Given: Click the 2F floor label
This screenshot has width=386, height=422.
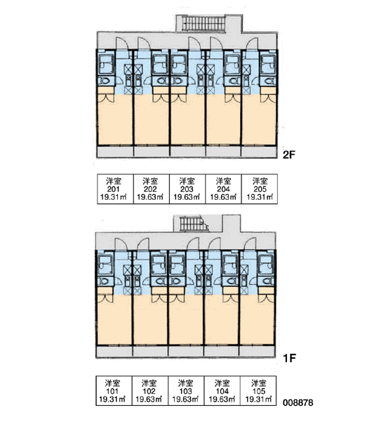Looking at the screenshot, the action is click(288, 155).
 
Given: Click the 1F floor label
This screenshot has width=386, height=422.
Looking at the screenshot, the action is click(290, 358).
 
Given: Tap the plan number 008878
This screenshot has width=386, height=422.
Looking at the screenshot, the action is click(298, 402).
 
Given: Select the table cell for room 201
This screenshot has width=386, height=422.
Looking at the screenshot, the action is click(115, 189).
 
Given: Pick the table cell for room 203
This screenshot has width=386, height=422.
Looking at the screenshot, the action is click(187, 189).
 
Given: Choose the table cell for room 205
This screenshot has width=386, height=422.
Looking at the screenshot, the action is click(260, 189).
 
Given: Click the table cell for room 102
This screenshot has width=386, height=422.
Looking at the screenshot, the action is click(150, 391).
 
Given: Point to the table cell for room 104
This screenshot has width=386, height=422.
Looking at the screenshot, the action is click(222, 391).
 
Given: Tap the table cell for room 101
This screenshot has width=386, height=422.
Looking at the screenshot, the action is click(114, 391).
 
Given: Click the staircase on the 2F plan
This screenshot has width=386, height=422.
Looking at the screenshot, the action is click(204, 23).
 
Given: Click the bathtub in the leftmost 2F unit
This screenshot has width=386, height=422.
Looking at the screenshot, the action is click(106, 65).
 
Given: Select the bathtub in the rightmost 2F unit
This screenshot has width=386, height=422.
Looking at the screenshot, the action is click(269, 65).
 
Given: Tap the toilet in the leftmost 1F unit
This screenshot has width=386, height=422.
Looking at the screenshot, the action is click(103, 281).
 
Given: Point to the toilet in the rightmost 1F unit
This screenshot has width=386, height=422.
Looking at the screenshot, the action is click(267, 281).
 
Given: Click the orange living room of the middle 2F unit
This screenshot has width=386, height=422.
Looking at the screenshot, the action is click(188, 121).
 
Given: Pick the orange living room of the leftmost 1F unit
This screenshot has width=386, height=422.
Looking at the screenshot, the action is click(114, 320).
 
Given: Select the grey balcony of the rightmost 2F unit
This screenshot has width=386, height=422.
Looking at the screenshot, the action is click(259, 151).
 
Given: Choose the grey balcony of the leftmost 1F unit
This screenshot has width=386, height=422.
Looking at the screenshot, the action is click(114, 352).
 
